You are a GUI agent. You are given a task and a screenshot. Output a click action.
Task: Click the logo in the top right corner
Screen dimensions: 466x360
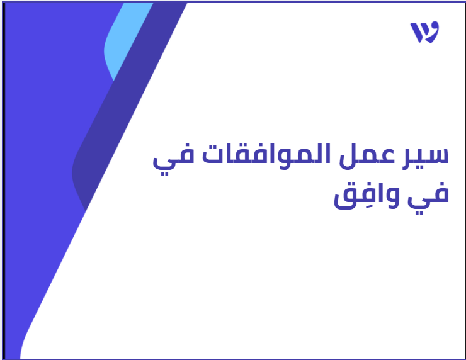click(424, 32)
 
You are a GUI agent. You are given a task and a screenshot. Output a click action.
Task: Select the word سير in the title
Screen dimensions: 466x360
click(425, 157)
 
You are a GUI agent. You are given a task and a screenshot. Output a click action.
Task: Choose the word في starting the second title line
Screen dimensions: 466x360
click(428, 197)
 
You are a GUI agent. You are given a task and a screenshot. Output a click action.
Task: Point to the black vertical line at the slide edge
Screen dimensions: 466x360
click(4, 181)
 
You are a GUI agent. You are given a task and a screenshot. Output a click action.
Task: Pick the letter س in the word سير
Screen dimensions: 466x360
click(435, 155)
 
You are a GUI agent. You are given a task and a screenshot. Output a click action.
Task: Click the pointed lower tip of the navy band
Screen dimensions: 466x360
click(86, 210)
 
